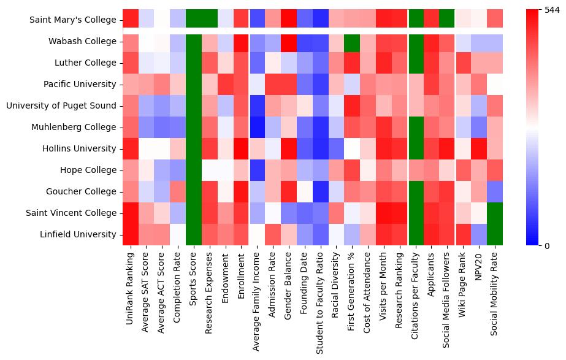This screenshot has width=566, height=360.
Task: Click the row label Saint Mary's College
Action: [73, 20]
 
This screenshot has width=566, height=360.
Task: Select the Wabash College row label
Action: [82, 42]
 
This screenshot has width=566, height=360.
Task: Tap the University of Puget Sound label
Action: [61, 106]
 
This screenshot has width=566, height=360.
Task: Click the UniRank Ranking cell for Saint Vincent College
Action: [131, 213]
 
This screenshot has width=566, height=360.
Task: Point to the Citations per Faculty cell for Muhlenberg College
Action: [416, 128]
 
